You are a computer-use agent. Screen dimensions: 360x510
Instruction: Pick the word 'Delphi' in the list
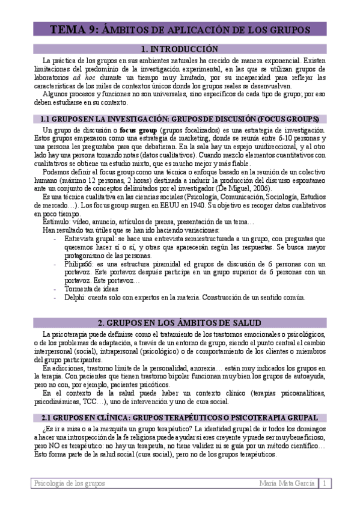click(75, 297)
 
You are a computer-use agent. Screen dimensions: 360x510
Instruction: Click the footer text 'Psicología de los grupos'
click(69, 484)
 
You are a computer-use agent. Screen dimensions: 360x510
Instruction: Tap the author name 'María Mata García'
click(287, 484)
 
